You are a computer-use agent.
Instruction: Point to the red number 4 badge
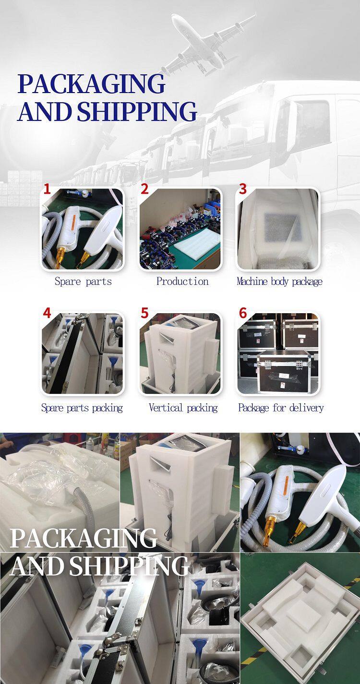point(47,313)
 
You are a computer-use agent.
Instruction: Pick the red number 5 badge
point(145,313)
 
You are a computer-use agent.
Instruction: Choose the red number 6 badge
point(243,313)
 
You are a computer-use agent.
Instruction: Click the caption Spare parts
point(83,282)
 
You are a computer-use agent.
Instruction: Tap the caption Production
point(182,282)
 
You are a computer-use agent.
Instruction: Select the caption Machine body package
point(279,282)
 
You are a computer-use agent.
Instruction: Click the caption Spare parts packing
point(82,408)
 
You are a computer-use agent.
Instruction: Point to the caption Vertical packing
point(183,408)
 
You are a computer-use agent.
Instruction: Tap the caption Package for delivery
point(281,408)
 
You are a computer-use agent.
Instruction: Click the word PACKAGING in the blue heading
point(91,84)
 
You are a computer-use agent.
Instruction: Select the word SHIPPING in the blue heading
point(137,111)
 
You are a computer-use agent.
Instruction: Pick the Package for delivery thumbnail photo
point(278,354)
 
